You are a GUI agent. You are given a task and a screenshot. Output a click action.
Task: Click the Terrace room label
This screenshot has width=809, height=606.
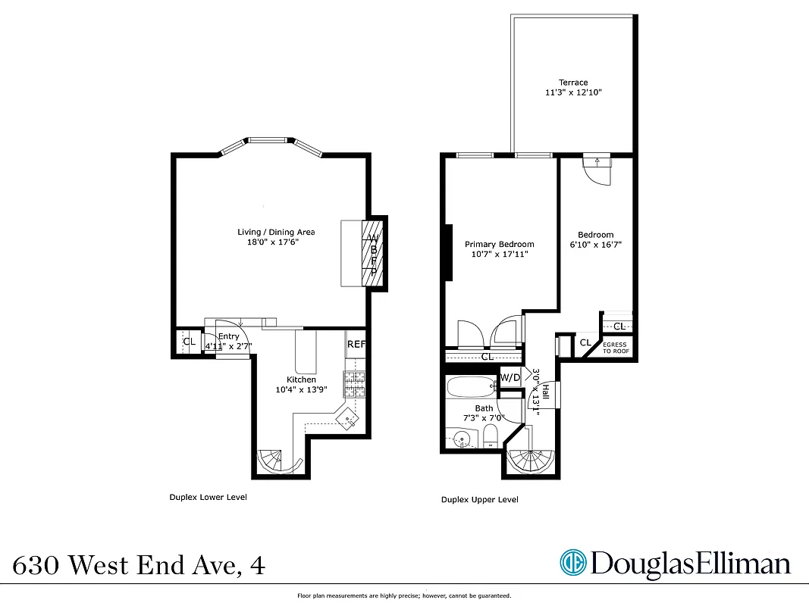tap(573, 83)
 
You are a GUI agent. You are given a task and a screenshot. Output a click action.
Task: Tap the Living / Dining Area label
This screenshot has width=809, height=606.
tap(276, 232)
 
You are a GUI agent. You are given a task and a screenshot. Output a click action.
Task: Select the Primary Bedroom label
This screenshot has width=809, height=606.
tap(499, 244)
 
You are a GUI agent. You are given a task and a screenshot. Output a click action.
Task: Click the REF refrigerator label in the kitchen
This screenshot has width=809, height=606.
tap(356, 344)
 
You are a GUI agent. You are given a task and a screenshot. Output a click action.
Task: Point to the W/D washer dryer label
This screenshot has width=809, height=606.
tap(510, 377)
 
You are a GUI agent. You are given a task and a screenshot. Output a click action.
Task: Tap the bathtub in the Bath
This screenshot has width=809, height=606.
tap(471, 387)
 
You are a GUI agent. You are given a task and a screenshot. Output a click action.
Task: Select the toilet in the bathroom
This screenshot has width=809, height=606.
tap(490, 436)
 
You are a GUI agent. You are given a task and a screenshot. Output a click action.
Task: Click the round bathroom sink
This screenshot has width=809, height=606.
tap(462, 438)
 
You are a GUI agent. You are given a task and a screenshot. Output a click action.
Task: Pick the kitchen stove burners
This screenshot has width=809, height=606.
tap(355, 385)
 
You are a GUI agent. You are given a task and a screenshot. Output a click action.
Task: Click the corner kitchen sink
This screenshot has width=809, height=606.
tap(349, 416)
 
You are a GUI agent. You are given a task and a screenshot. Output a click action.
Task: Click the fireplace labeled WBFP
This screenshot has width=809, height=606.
tap(373, 255)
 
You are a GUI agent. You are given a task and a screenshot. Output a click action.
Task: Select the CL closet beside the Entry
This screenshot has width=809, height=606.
tap(189, 342)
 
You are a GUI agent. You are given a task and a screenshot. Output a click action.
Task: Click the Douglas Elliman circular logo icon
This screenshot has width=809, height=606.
tap(573, 563)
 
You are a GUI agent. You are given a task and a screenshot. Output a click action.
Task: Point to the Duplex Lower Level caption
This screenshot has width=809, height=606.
tap(208, 498)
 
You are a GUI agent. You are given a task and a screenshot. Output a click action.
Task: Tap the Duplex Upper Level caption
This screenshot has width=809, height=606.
tap(480, 500)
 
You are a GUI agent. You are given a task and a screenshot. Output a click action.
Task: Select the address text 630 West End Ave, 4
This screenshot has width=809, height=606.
tap(140, 565)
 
